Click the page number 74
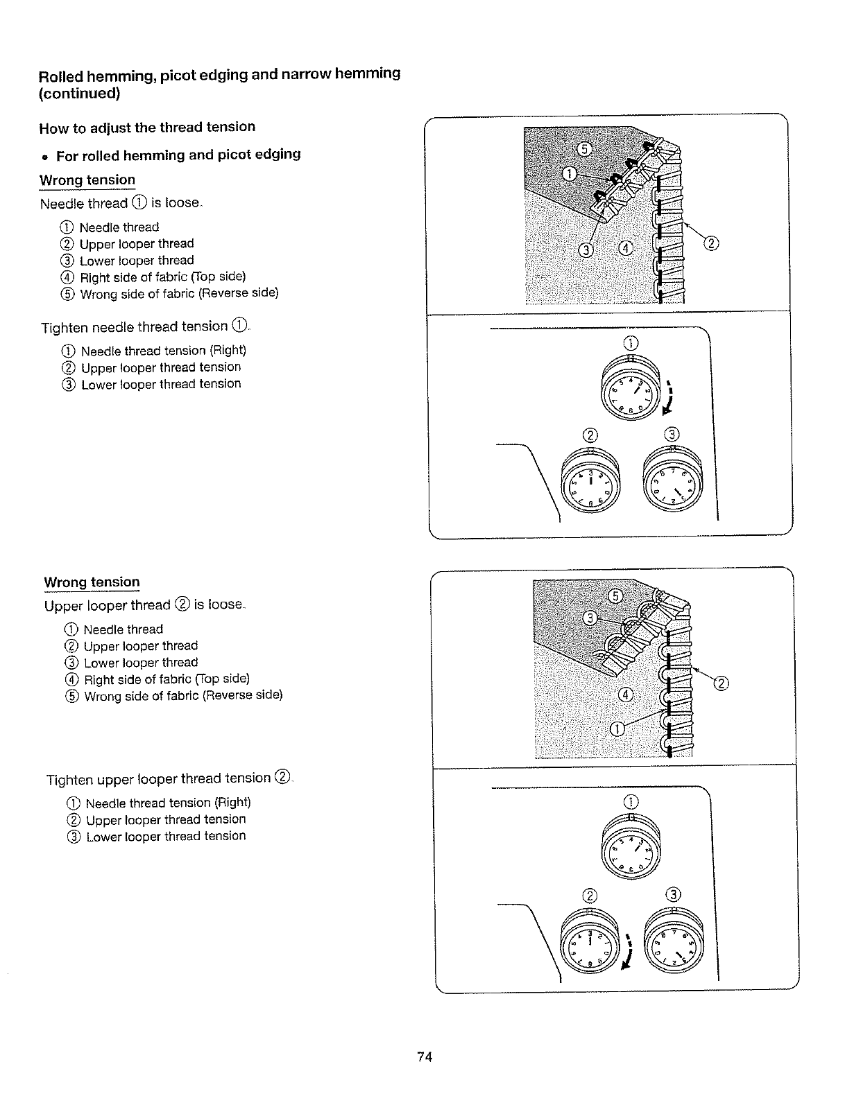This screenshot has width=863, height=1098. point(425,1057)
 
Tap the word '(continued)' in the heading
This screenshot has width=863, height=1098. point(79,94)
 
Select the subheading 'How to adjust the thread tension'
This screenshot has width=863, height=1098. point(147,128)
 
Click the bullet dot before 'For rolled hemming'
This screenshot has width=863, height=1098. point(45,155)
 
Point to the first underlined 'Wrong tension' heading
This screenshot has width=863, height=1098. point(87,180)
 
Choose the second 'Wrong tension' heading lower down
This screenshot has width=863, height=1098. point(92,582)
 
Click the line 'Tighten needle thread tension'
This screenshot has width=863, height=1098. point(144,326)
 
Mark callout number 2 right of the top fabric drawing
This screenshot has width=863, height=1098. point(712,243)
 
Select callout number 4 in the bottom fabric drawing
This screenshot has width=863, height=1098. point(626,695)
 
